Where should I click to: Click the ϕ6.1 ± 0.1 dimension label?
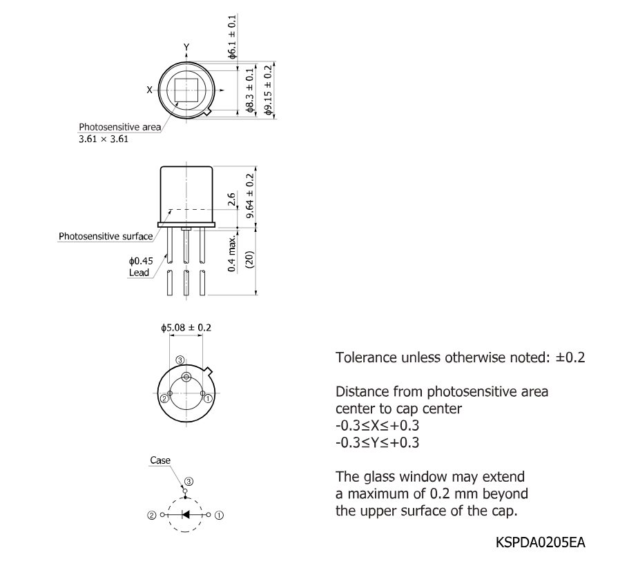pyautogui.click(x=231, y=37)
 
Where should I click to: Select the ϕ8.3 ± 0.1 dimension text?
pyautogui.click(x=250, y=90)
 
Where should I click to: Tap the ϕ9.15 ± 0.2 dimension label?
pyautogui.click(x=268, y=90)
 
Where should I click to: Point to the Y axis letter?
pyautogui.click(x=186, y=47)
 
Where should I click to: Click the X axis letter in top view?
pyautogui.click(x=149, y=90)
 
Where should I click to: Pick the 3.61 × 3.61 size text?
pyautogui.click(x=104, y=139)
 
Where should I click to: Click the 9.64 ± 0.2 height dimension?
pyautogui.click(x=250, y=196)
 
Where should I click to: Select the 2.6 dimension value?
pyautogui.click(x=231, y=199)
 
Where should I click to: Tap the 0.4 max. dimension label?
pyautogui.click(x=231, y=253)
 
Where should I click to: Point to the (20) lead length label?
pyautogui.click(x=250, y=259)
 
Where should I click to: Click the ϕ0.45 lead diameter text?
pyautogui.click(x=141, y=261)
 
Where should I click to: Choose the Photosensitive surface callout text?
pyautogui.click(x=106, y=236)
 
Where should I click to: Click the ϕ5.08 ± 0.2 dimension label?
pyautogui.click(x=186, y=328)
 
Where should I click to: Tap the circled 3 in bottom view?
pyautogui.click(x=180, y=360)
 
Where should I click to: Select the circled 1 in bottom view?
pyautogui.click(x=208, y=398)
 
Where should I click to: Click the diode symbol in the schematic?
pyautogui.click(x=186, y=515)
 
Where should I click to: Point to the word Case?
pyautogui.click(x=160, y=460)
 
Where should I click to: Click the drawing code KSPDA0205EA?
pyautogui.click(x=541, y=542)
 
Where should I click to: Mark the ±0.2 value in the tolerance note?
pyautogui.click(x=570, y=357)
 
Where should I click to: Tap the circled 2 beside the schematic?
pyautogui.click(x=151, y=516)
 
